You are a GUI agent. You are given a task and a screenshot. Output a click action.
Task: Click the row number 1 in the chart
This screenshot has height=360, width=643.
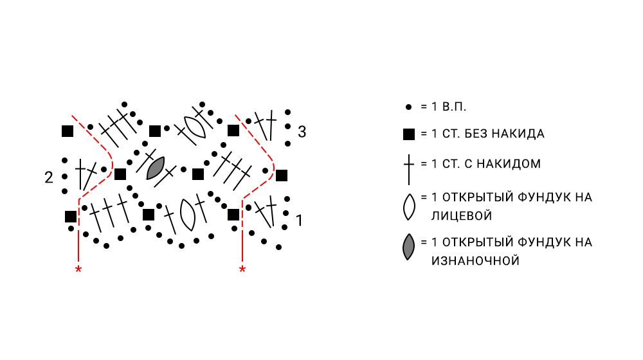click(x=299, y=221)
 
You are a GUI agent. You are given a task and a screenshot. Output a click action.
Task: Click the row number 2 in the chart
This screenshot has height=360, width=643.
click(x=49, y=177)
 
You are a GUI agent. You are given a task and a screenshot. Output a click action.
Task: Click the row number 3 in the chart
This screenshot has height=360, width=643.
click(x=302, y=132)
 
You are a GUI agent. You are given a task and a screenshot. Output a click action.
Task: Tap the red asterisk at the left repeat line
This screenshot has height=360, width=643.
click(x=78, y=269)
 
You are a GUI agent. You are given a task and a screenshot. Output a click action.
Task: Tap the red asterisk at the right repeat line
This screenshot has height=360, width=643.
click(x=242, y=269)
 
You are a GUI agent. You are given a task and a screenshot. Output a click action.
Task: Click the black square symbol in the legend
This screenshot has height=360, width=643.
click(x=408, y=134)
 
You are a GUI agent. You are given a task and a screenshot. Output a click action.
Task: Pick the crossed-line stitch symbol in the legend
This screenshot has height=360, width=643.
click(x=408, y=165)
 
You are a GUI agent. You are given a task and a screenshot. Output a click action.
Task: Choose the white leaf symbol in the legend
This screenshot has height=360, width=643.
click(x=408, y=206)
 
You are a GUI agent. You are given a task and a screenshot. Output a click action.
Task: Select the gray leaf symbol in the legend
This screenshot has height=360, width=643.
click(x=408, y=248)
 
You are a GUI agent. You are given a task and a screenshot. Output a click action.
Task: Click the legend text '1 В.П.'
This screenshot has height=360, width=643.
click(x=444, y=105)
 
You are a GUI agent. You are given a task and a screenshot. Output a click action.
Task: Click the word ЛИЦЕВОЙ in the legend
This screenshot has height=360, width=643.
click(x=462, y=216)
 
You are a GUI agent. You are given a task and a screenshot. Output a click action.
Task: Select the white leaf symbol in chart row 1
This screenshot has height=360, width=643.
click(x=188, y=215)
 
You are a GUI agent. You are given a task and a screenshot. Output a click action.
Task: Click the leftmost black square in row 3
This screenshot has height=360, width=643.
click(x=68, y=131)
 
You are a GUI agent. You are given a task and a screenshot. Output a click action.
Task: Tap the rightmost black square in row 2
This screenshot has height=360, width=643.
click(x=281, y=175)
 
